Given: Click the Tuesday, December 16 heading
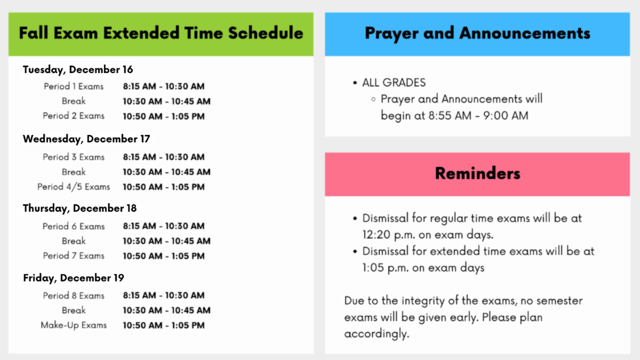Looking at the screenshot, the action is click(78, 70).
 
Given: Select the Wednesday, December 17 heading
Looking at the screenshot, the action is click(86, 139).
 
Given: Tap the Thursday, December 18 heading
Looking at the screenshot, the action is click(79, 209).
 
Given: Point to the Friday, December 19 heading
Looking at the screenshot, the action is click(74, 278).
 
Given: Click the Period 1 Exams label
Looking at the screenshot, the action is click(74, 86).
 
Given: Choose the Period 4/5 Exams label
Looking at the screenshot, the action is click(74, 187).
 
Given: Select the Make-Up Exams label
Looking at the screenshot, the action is click(74, 325).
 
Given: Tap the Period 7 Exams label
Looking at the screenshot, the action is click(74, 255).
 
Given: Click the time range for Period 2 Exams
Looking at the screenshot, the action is click(164, 116).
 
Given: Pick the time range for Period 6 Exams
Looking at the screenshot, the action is click(164, 226).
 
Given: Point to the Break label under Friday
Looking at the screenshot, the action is click(74, 310).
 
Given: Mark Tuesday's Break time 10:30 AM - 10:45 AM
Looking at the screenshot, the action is click(166, 101).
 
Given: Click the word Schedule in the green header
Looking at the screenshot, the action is click(266, 33).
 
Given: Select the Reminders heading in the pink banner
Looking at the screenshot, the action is click(477, 173).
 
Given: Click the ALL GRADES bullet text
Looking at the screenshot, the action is click(394, 83).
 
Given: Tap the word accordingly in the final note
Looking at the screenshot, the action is click(377, 334).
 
